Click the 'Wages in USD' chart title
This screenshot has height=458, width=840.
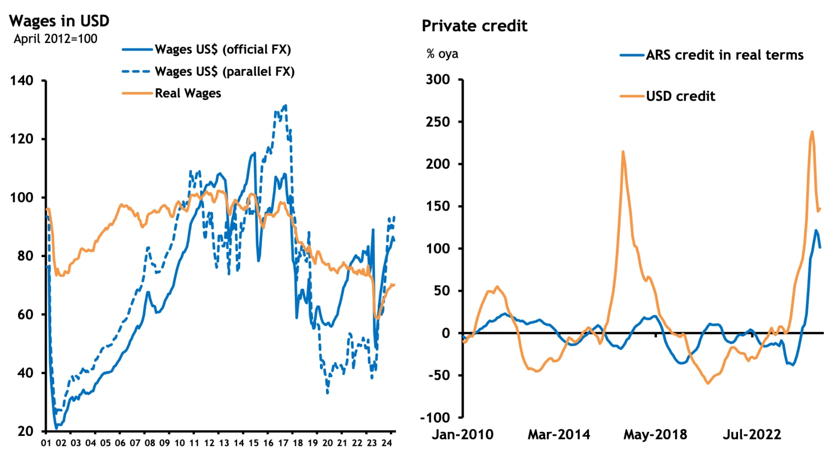click(59, 21)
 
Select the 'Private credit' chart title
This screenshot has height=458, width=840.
click(474, 26)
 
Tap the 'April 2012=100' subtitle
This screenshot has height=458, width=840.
click(55, 39)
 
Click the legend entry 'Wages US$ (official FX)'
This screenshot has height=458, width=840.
click(223, 49)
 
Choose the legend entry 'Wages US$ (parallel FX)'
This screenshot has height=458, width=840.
click(224, 71)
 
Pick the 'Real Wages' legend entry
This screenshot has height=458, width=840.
click(187, 93)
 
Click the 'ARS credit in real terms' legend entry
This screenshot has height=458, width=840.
click(724, 55)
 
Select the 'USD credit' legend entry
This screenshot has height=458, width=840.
click(680, 96)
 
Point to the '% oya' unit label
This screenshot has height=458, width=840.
click(442, 54)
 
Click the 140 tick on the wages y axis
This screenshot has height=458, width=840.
click(22, 80)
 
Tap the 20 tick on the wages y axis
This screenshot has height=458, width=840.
click(25, 431)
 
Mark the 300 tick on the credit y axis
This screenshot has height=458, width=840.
click(438, 79)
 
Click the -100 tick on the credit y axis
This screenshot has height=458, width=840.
click(435, 417)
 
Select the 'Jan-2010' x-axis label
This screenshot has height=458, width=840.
click(463, 434)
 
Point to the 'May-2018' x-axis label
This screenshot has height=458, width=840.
click(655, 434)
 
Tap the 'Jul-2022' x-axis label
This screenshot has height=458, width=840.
click(752, 434)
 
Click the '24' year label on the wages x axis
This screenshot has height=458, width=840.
click(386, 443)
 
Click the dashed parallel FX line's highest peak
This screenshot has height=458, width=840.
click(285, 105)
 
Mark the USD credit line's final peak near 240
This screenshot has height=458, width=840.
click(812, 132)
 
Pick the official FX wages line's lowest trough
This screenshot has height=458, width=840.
click(57, 428)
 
